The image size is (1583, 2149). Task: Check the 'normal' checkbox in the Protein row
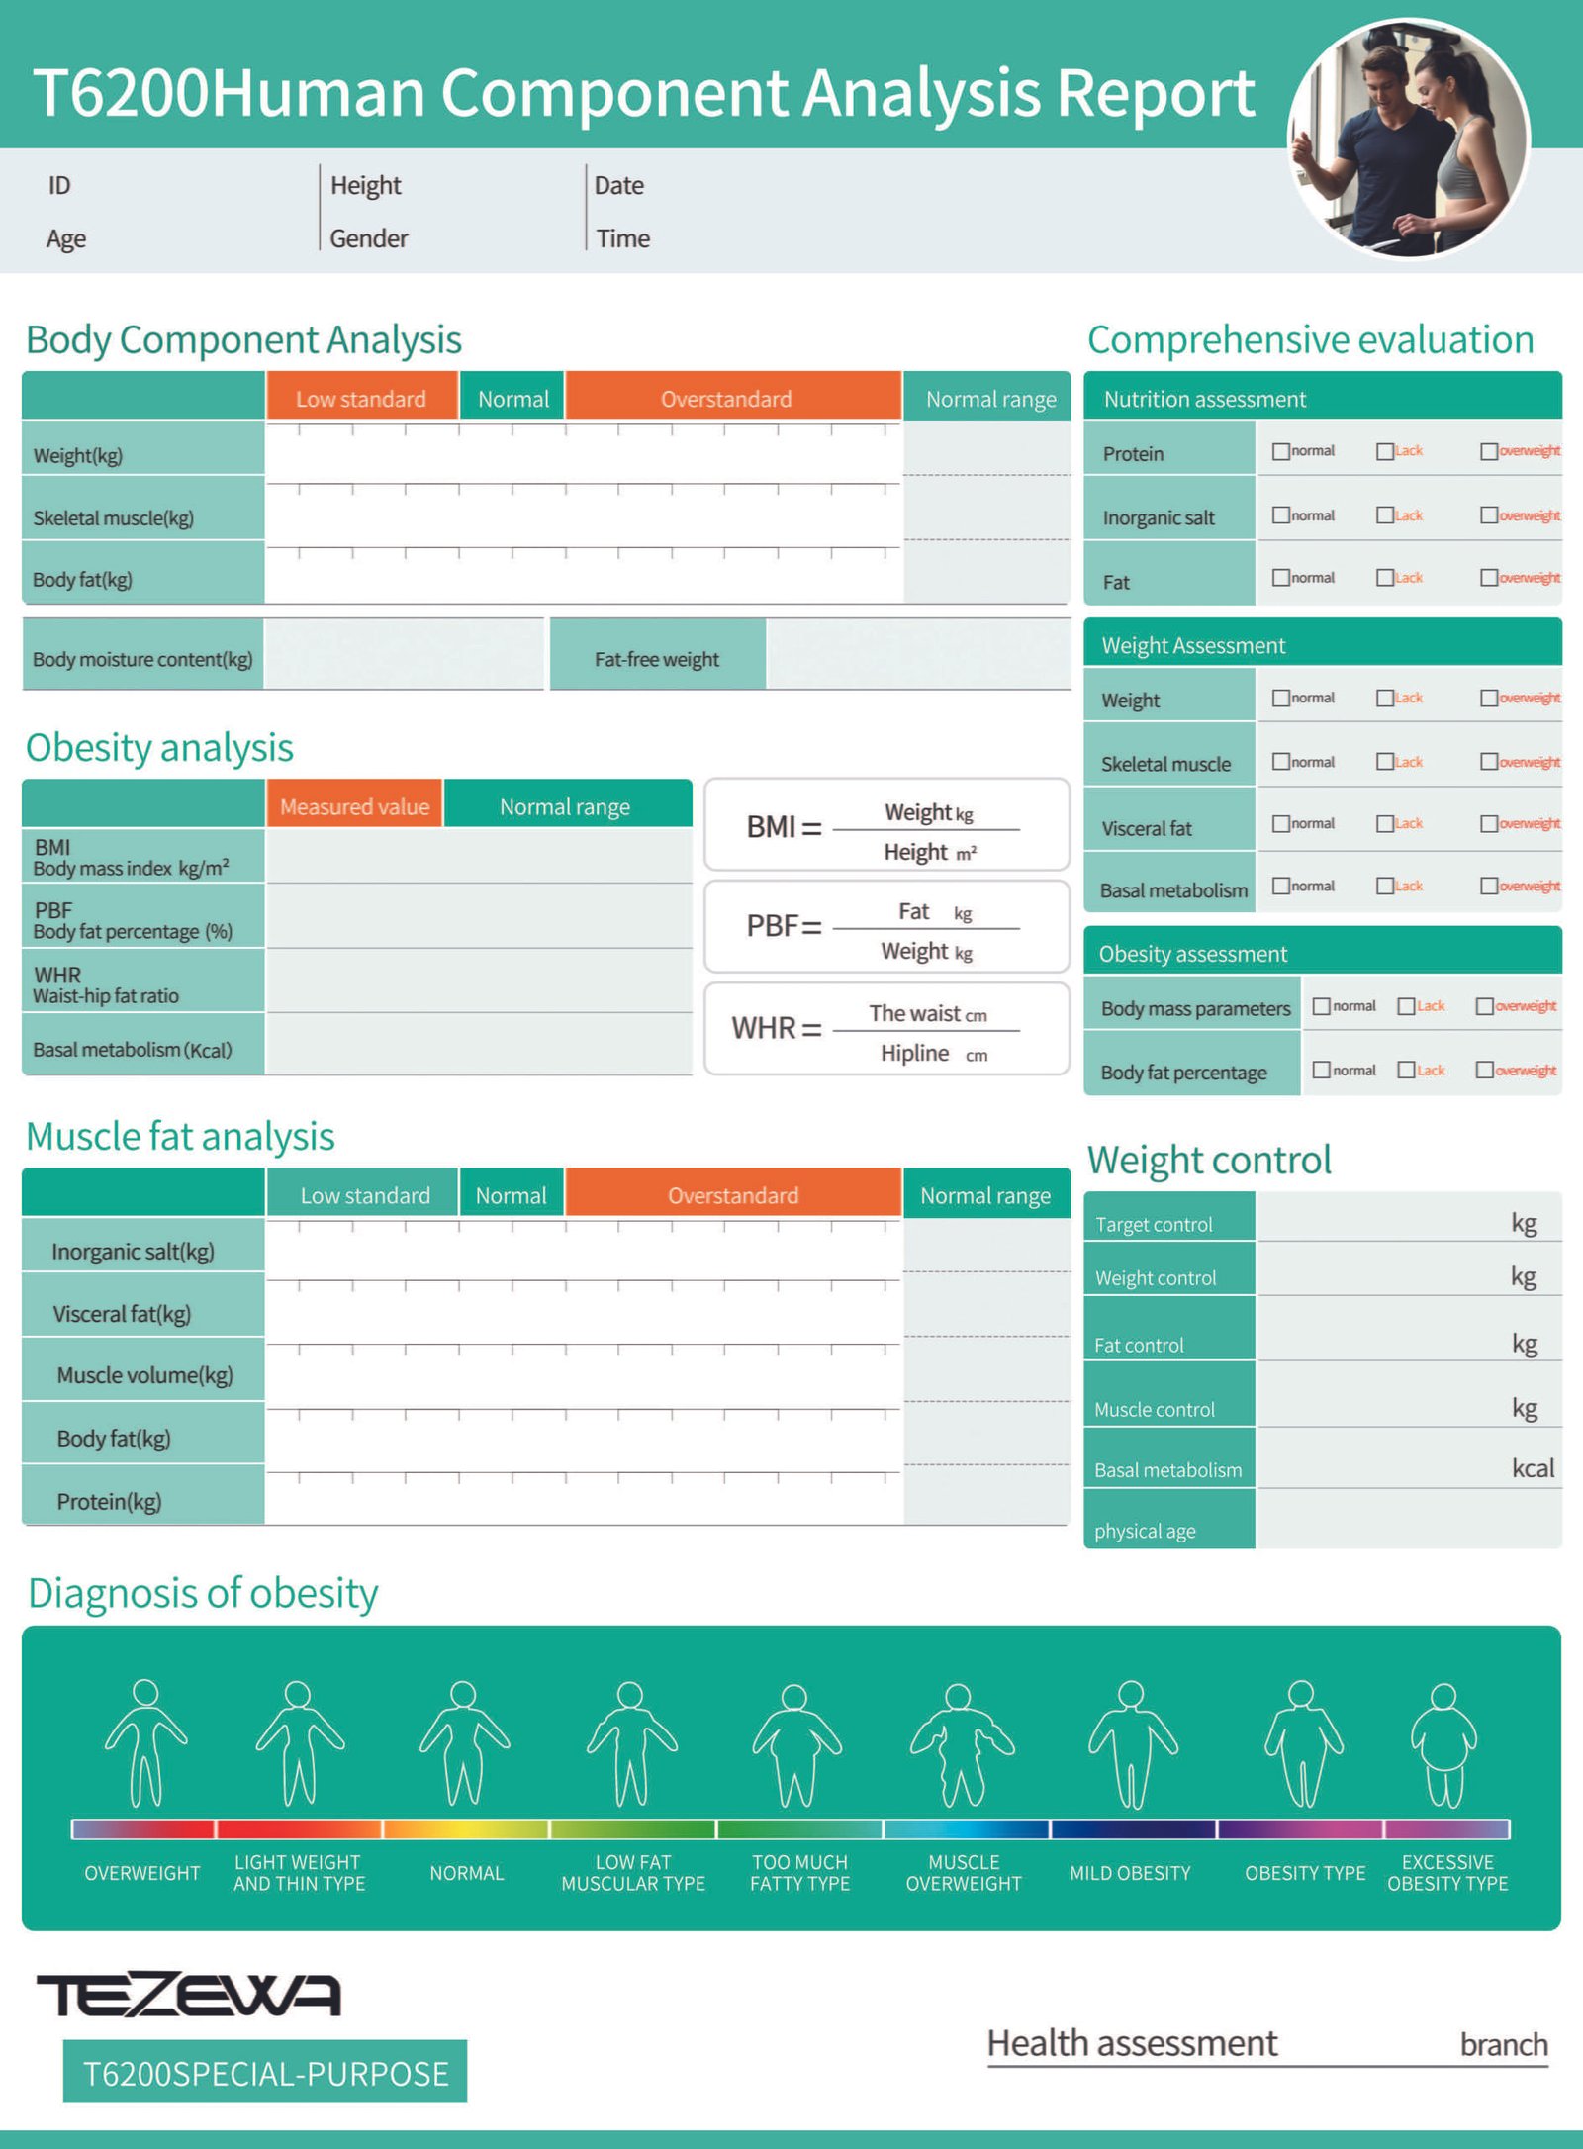click(1281, 451)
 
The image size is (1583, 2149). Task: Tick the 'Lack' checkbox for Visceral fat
click(1385, 824)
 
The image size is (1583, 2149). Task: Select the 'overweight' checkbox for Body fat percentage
click(1484, 1070)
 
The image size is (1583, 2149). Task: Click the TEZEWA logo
click(189, 1995)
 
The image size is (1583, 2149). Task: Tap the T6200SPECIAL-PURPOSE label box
click(265, 2072)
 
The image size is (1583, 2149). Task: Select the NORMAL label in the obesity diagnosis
click(466, 1873)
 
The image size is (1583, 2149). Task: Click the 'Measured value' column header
click(354, 806)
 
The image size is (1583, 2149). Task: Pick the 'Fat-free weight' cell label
click(657, 659)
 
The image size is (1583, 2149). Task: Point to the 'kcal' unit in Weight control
click(1533, 1468)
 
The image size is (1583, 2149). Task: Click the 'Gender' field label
click(369, 238)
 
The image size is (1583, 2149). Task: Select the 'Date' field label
click(619, 185)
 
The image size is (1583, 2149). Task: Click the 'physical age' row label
click(1145, 1531)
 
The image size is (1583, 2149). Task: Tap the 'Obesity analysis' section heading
click(159, 747)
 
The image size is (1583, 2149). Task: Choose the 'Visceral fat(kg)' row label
click(122, 1314)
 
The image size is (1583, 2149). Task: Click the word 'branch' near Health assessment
click(1504, 2044)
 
